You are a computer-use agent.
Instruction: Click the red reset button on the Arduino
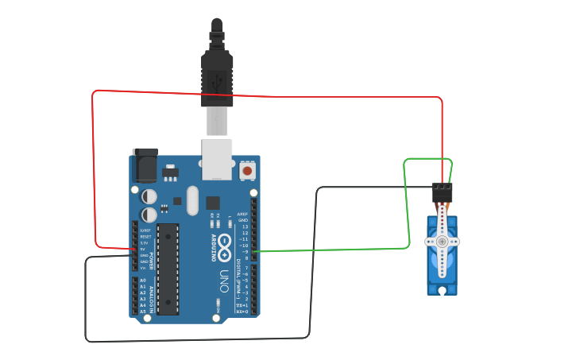point(247,170)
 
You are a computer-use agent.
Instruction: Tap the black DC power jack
point(145,166)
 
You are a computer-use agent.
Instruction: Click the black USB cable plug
point(217,72)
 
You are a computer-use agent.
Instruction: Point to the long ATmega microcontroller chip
point(168,269)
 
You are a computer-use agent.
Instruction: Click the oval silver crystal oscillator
point(192,201)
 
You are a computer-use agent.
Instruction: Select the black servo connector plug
point(442,192)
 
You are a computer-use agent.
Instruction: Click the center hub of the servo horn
point(442,242)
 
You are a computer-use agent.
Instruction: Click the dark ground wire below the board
point(199,339)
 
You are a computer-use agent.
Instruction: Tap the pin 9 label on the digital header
point(245,252)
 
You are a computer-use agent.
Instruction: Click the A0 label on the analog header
point(143,281)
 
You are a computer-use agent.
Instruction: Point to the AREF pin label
point(243,214)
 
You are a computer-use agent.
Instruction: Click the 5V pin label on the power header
point(143,249)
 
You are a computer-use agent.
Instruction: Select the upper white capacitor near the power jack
point(149,195)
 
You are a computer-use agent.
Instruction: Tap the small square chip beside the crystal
point(212,203)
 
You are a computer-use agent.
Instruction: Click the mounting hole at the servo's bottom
point(442,290)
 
